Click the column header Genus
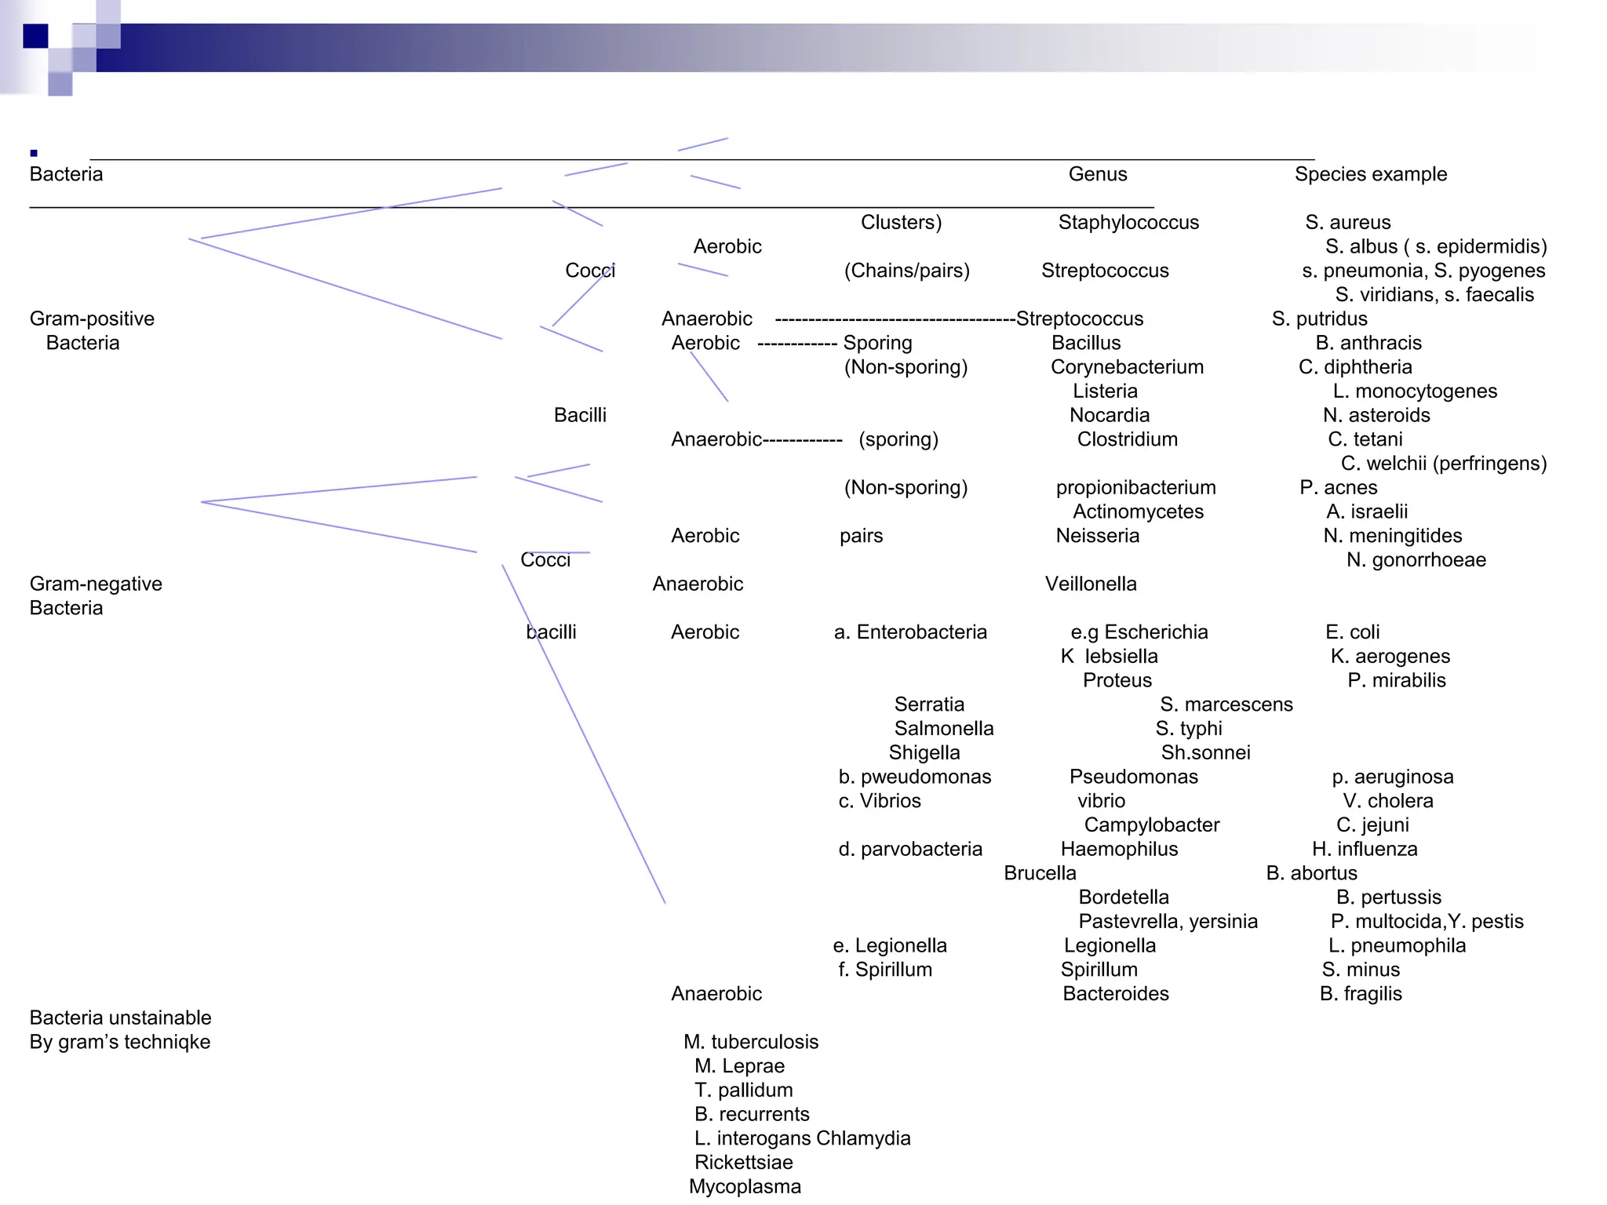pos(1097,174)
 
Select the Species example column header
pos(1370,174)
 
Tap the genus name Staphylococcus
pos(1128,223)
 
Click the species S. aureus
pos(1347,223)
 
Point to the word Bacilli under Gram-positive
pos(580,415)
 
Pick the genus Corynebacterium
pos(1126,367)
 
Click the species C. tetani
pos(1365,439)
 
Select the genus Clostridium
pos(1127,439)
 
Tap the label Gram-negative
pos(96,584)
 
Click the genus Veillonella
pos(1090,584)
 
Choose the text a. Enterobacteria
pos(910,632)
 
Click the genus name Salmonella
pos(943,729)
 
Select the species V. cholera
pos(1387,801)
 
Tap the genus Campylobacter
pos(1151,825)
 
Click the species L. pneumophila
pos(1397,945)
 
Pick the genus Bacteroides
pos(1115,994)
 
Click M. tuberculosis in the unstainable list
pos(750,1042)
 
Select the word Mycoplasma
pos(745,1187)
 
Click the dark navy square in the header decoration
pos(35,36)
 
